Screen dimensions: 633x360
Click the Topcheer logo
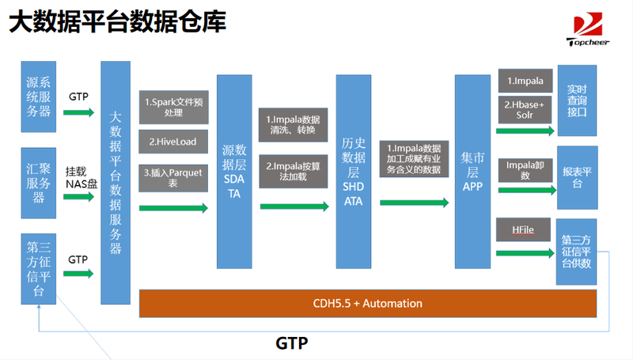588,29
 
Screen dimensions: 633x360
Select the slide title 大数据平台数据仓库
117,21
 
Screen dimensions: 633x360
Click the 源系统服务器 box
38,97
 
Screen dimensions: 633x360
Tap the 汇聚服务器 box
38,184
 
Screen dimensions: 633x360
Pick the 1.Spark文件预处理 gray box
173,108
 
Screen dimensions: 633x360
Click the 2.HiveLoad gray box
173,142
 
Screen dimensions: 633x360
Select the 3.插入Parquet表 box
173,178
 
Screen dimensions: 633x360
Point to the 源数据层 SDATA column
234,172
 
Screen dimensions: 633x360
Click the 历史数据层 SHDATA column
353,172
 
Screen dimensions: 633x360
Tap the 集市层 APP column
472,172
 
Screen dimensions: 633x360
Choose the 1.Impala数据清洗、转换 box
293,125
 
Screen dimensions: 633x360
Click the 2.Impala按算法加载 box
293,172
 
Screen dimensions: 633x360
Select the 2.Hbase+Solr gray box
525,110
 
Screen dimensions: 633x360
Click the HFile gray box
523,229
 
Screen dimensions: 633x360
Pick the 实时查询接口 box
577,100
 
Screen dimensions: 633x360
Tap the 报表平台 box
578,177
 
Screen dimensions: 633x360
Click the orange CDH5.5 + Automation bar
368,304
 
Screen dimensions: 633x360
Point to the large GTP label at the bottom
291,343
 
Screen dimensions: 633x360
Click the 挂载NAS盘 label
81,177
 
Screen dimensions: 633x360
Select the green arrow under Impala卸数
527,190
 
